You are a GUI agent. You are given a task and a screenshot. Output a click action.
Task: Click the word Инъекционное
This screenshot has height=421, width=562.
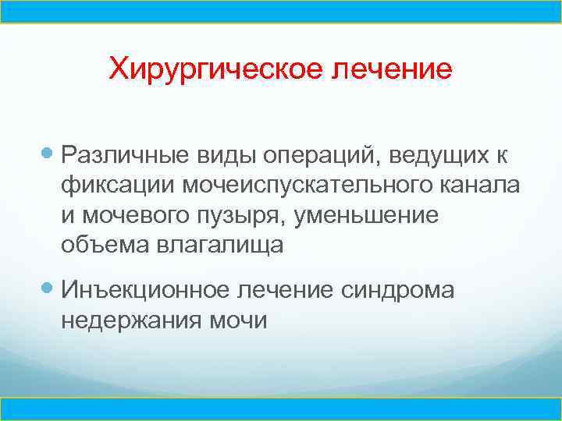pyautogui.click(x=146, y=290)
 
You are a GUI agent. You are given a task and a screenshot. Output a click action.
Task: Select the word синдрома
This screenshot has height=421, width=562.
pyautogui.click(x=399, y=290)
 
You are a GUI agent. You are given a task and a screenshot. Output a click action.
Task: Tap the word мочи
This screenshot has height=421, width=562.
pyautogui.click(x=240, y=320)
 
